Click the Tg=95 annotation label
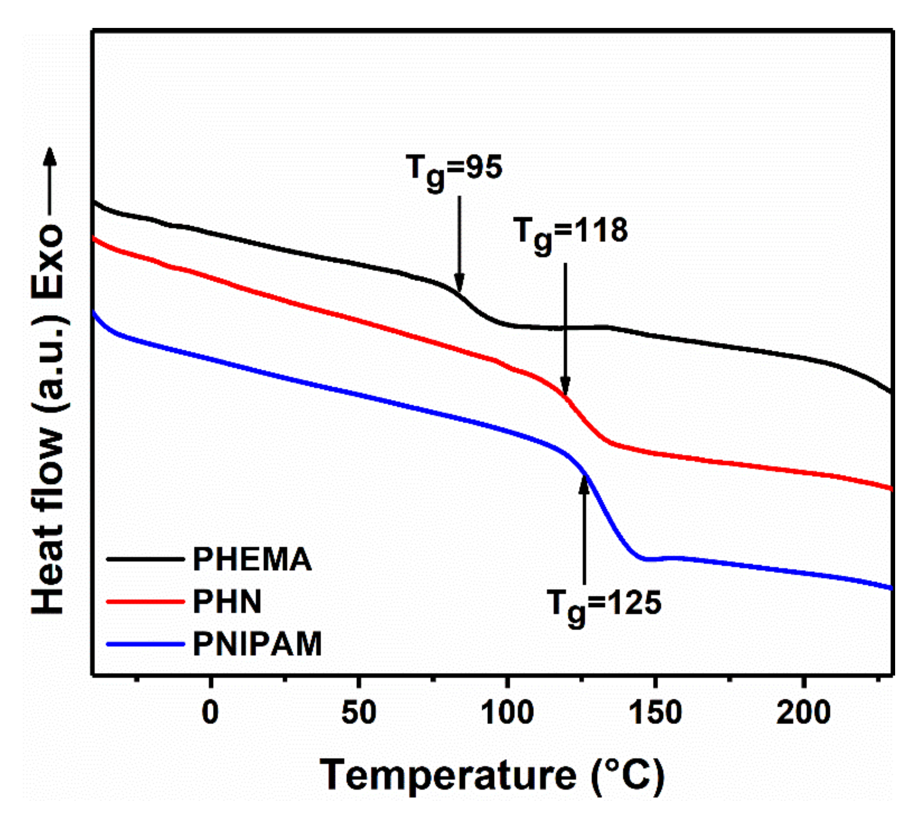click(x=454, y=171)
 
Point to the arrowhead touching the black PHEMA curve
click(x=459, y=284)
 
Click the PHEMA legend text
click(x=252, y=560)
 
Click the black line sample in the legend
click(x=145, y=560)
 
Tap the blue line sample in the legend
click(x=145, y=644)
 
